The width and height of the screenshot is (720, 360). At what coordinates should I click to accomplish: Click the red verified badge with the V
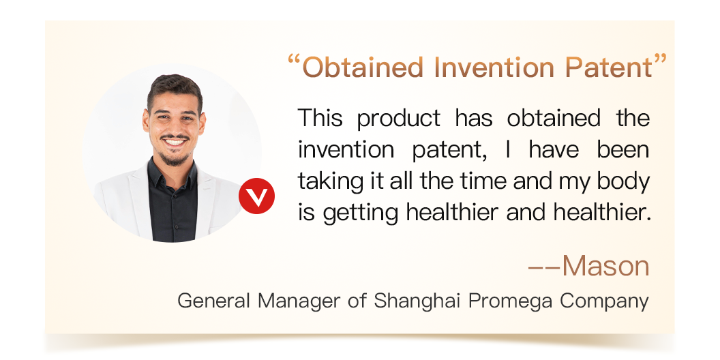256,196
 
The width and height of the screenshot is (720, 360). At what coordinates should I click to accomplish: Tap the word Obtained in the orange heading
363,67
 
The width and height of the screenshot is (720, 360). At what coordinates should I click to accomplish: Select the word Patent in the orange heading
609,67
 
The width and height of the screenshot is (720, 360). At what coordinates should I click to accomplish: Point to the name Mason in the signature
605,265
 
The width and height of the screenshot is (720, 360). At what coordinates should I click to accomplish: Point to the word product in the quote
399,119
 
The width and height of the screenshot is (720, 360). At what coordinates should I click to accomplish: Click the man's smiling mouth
175,142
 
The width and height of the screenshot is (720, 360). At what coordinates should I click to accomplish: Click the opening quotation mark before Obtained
294,60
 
